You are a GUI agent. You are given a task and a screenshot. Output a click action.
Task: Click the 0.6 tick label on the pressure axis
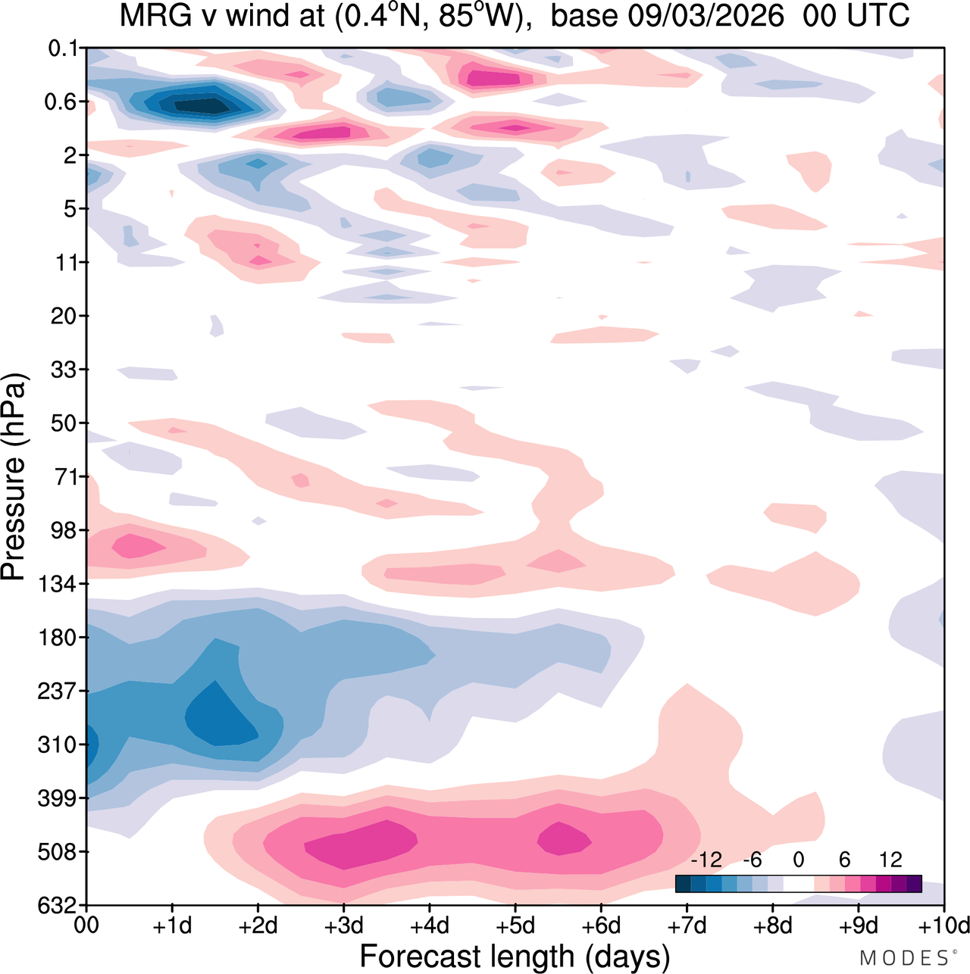pos(61,101)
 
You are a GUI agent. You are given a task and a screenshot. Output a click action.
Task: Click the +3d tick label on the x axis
pos(345,926)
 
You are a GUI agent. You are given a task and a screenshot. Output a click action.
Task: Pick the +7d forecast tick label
pos(688,926)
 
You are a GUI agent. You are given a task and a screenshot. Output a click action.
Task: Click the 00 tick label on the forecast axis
pos(87,926)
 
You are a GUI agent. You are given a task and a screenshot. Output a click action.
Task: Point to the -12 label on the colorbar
pos(706,860)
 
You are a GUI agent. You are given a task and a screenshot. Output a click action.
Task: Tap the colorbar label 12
pos(890,860)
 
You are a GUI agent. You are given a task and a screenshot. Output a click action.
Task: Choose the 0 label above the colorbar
pos(798,860)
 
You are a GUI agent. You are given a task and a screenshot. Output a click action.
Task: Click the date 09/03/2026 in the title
pos(706,15)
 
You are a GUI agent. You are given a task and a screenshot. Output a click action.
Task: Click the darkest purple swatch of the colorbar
pos(913,884)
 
